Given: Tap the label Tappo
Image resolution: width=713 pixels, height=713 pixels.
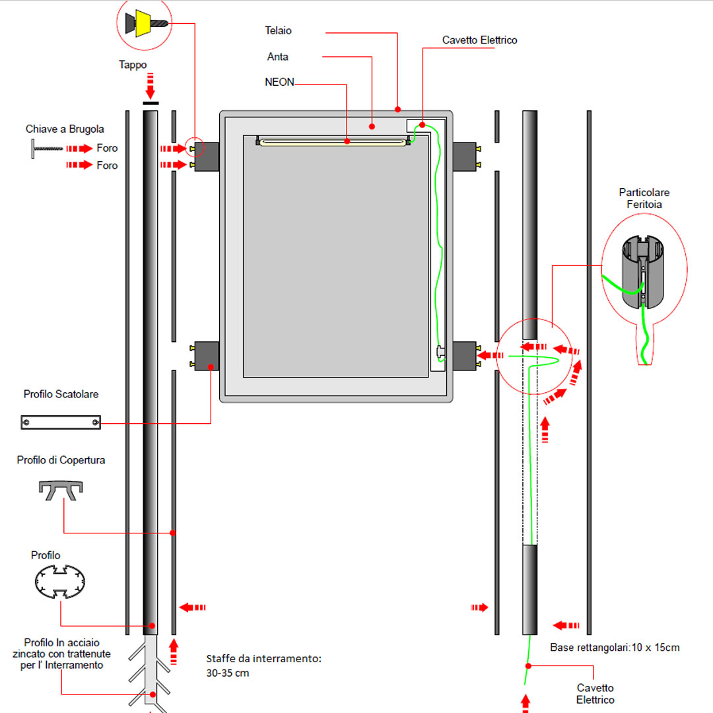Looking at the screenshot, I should coord(133,65).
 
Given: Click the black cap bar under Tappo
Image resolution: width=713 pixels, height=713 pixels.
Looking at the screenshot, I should coord(151,103).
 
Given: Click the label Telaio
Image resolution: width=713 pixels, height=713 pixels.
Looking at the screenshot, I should coord(278,30).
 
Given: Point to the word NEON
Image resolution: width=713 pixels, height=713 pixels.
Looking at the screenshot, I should coord(279,83).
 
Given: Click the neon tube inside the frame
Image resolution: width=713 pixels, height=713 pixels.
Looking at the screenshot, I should coord(333,141).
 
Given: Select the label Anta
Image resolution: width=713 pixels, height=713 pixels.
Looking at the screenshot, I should coord(278,57).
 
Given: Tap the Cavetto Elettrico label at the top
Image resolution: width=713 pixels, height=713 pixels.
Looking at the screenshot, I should coord(479,40).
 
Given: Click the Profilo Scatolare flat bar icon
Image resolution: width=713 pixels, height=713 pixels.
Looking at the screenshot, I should coord(61,422).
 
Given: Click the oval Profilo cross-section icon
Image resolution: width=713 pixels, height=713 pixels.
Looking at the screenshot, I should coord(61,581).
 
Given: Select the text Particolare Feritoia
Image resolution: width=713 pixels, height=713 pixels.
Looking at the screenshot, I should coord(644,199).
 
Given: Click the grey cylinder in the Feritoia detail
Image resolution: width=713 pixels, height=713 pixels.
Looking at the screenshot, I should coord(643,272).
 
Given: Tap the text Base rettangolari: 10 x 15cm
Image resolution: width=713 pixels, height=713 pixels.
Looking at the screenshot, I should coord(615,648).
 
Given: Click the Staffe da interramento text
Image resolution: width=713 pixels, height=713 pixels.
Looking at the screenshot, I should coord(263,665).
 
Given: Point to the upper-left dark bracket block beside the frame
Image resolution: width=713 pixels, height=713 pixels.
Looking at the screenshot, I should coord(207,156).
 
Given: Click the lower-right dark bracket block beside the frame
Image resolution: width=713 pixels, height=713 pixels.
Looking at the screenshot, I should coord(464,355).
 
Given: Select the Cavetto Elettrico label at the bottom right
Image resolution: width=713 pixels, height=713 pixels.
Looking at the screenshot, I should coord(595,694).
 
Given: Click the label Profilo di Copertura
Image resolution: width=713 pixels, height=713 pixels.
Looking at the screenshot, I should coord(61,460).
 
